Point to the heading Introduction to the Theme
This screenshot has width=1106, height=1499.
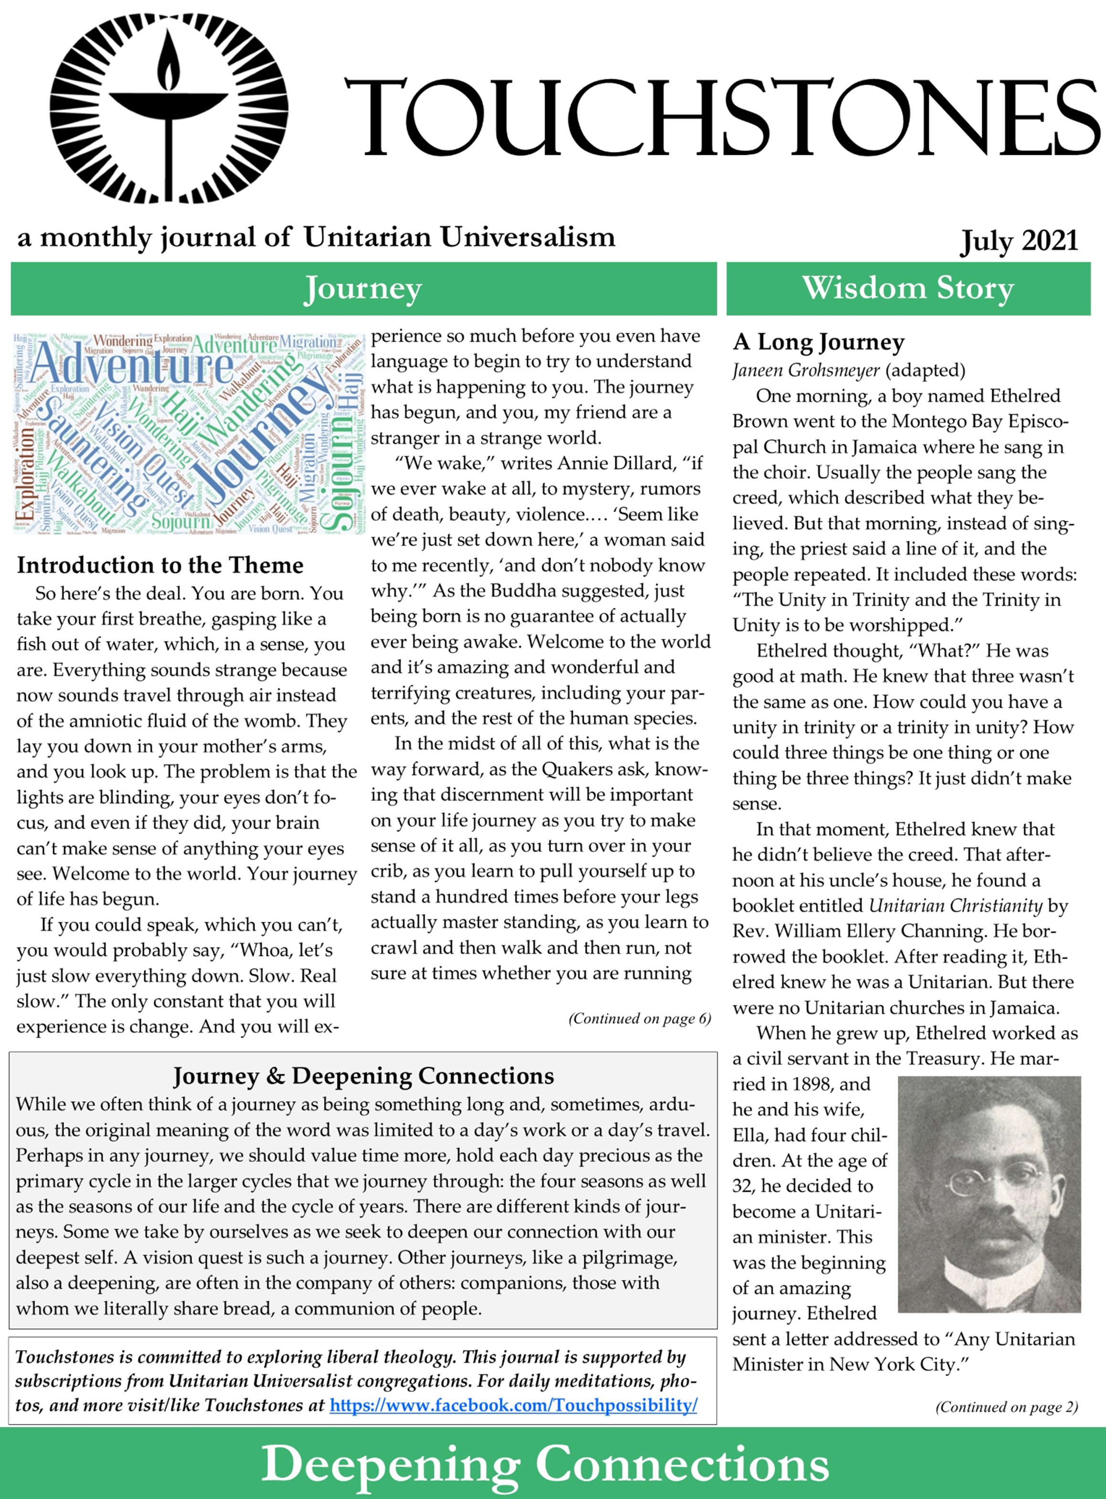(x=160, y=565)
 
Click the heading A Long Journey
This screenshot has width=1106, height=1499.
(x=818, y=342)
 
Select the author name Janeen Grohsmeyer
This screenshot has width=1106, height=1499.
(x=805, y=370)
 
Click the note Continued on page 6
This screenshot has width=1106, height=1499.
(x=639, y=1018)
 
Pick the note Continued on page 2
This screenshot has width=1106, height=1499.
(x=1006, y=1407)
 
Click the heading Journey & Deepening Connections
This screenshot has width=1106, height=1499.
(x=364, y=1076)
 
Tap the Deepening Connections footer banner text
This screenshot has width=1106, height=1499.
(x=545, y=1464)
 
